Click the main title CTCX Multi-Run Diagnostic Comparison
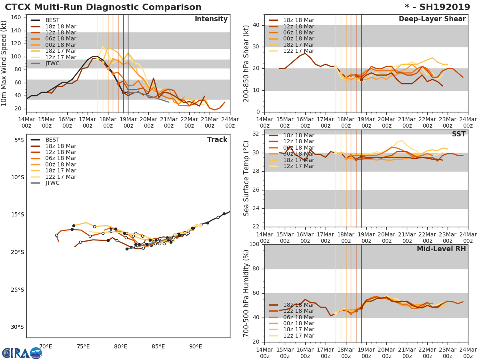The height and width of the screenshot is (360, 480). pyautogui.click(x=103, y=7)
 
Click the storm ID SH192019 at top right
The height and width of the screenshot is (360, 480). pyautogui.click(x=438, y=7)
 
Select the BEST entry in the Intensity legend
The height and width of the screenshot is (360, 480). pyautogui.click(x=52, y=20)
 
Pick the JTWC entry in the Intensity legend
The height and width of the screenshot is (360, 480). pyautogui.click(x=52, y=64)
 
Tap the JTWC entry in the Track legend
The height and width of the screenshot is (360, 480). pyautogui.click(x=52, y=183)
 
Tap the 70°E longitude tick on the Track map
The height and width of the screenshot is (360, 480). pyautogui.click(x=46, y=346)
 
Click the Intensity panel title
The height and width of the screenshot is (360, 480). pyautogui.click(x=211, y=19)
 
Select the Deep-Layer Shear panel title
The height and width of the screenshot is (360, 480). pyautogui.click(x=432, y=19)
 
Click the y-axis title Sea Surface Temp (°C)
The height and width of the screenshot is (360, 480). pyautogui.click(x=247, y=178)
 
